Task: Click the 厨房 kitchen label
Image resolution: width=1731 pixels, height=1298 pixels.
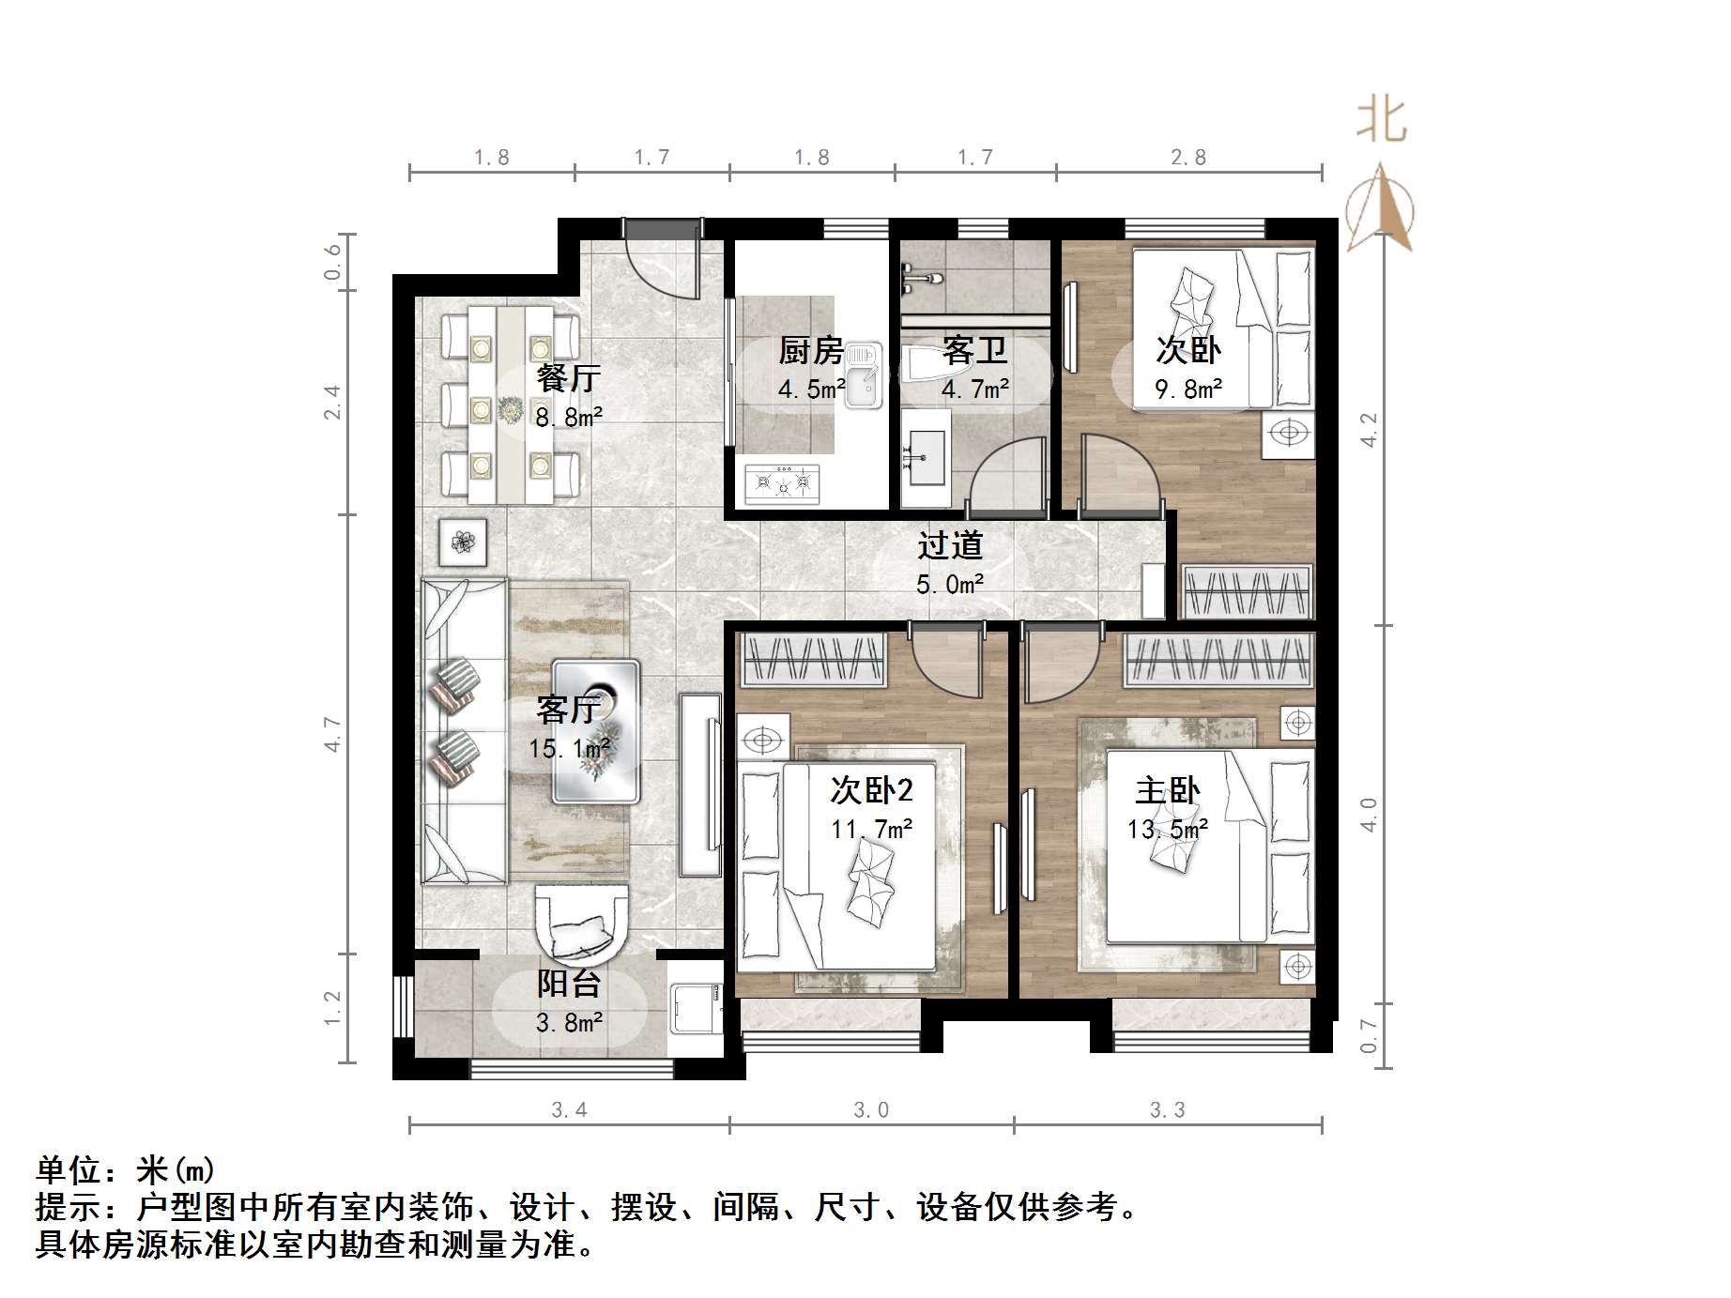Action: (811, 351)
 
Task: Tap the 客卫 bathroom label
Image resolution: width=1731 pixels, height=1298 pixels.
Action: (975, 351)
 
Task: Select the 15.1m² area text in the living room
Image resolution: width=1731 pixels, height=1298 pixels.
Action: (569, 749)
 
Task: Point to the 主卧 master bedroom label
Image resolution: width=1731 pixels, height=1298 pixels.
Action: (1167, 791)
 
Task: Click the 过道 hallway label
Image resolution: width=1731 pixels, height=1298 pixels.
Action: (950, 545)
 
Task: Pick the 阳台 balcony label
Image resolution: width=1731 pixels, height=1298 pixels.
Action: (569, 984)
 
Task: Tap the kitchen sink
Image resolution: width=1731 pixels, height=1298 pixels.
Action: (864, 375)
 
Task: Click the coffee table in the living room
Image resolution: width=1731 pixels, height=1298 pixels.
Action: (596, 732)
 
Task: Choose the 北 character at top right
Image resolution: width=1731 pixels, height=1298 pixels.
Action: (1381, 122)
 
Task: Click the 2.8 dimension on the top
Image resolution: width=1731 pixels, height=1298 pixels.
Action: (1187, 158)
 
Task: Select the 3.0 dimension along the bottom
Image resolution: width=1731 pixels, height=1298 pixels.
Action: (870, 1110)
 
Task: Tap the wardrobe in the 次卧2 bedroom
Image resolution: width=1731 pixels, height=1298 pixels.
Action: (814, 659)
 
